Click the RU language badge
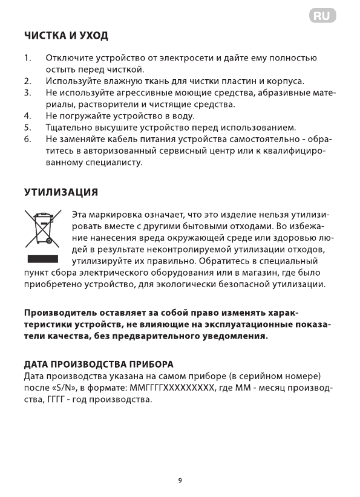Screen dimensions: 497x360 click(322, 16)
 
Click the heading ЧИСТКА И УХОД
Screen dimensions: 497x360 click(66, 36)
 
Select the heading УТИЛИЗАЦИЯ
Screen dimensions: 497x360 click(61, 192)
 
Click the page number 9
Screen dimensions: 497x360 click(180, 481)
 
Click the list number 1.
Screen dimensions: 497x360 click(27, 58)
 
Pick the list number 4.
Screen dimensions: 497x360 click(27, 115)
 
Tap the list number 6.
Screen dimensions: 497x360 click(27, 139)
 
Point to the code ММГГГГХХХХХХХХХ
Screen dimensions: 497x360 click(169, 388)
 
